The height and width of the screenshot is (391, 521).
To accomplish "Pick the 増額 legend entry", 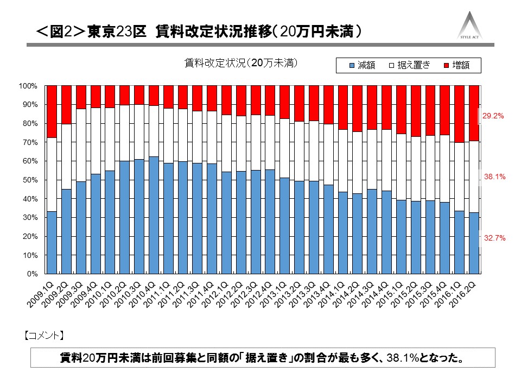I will [455, 65].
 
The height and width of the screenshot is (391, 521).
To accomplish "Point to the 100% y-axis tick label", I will [28, 86].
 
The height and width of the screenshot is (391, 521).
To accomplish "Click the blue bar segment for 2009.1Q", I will [52, 242].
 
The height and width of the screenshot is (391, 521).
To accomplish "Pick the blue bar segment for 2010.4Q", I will [154, 215].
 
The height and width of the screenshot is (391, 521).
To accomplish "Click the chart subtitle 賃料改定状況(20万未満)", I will [242, 64].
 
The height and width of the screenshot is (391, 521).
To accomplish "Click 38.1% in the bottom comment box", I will [399, 359].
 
